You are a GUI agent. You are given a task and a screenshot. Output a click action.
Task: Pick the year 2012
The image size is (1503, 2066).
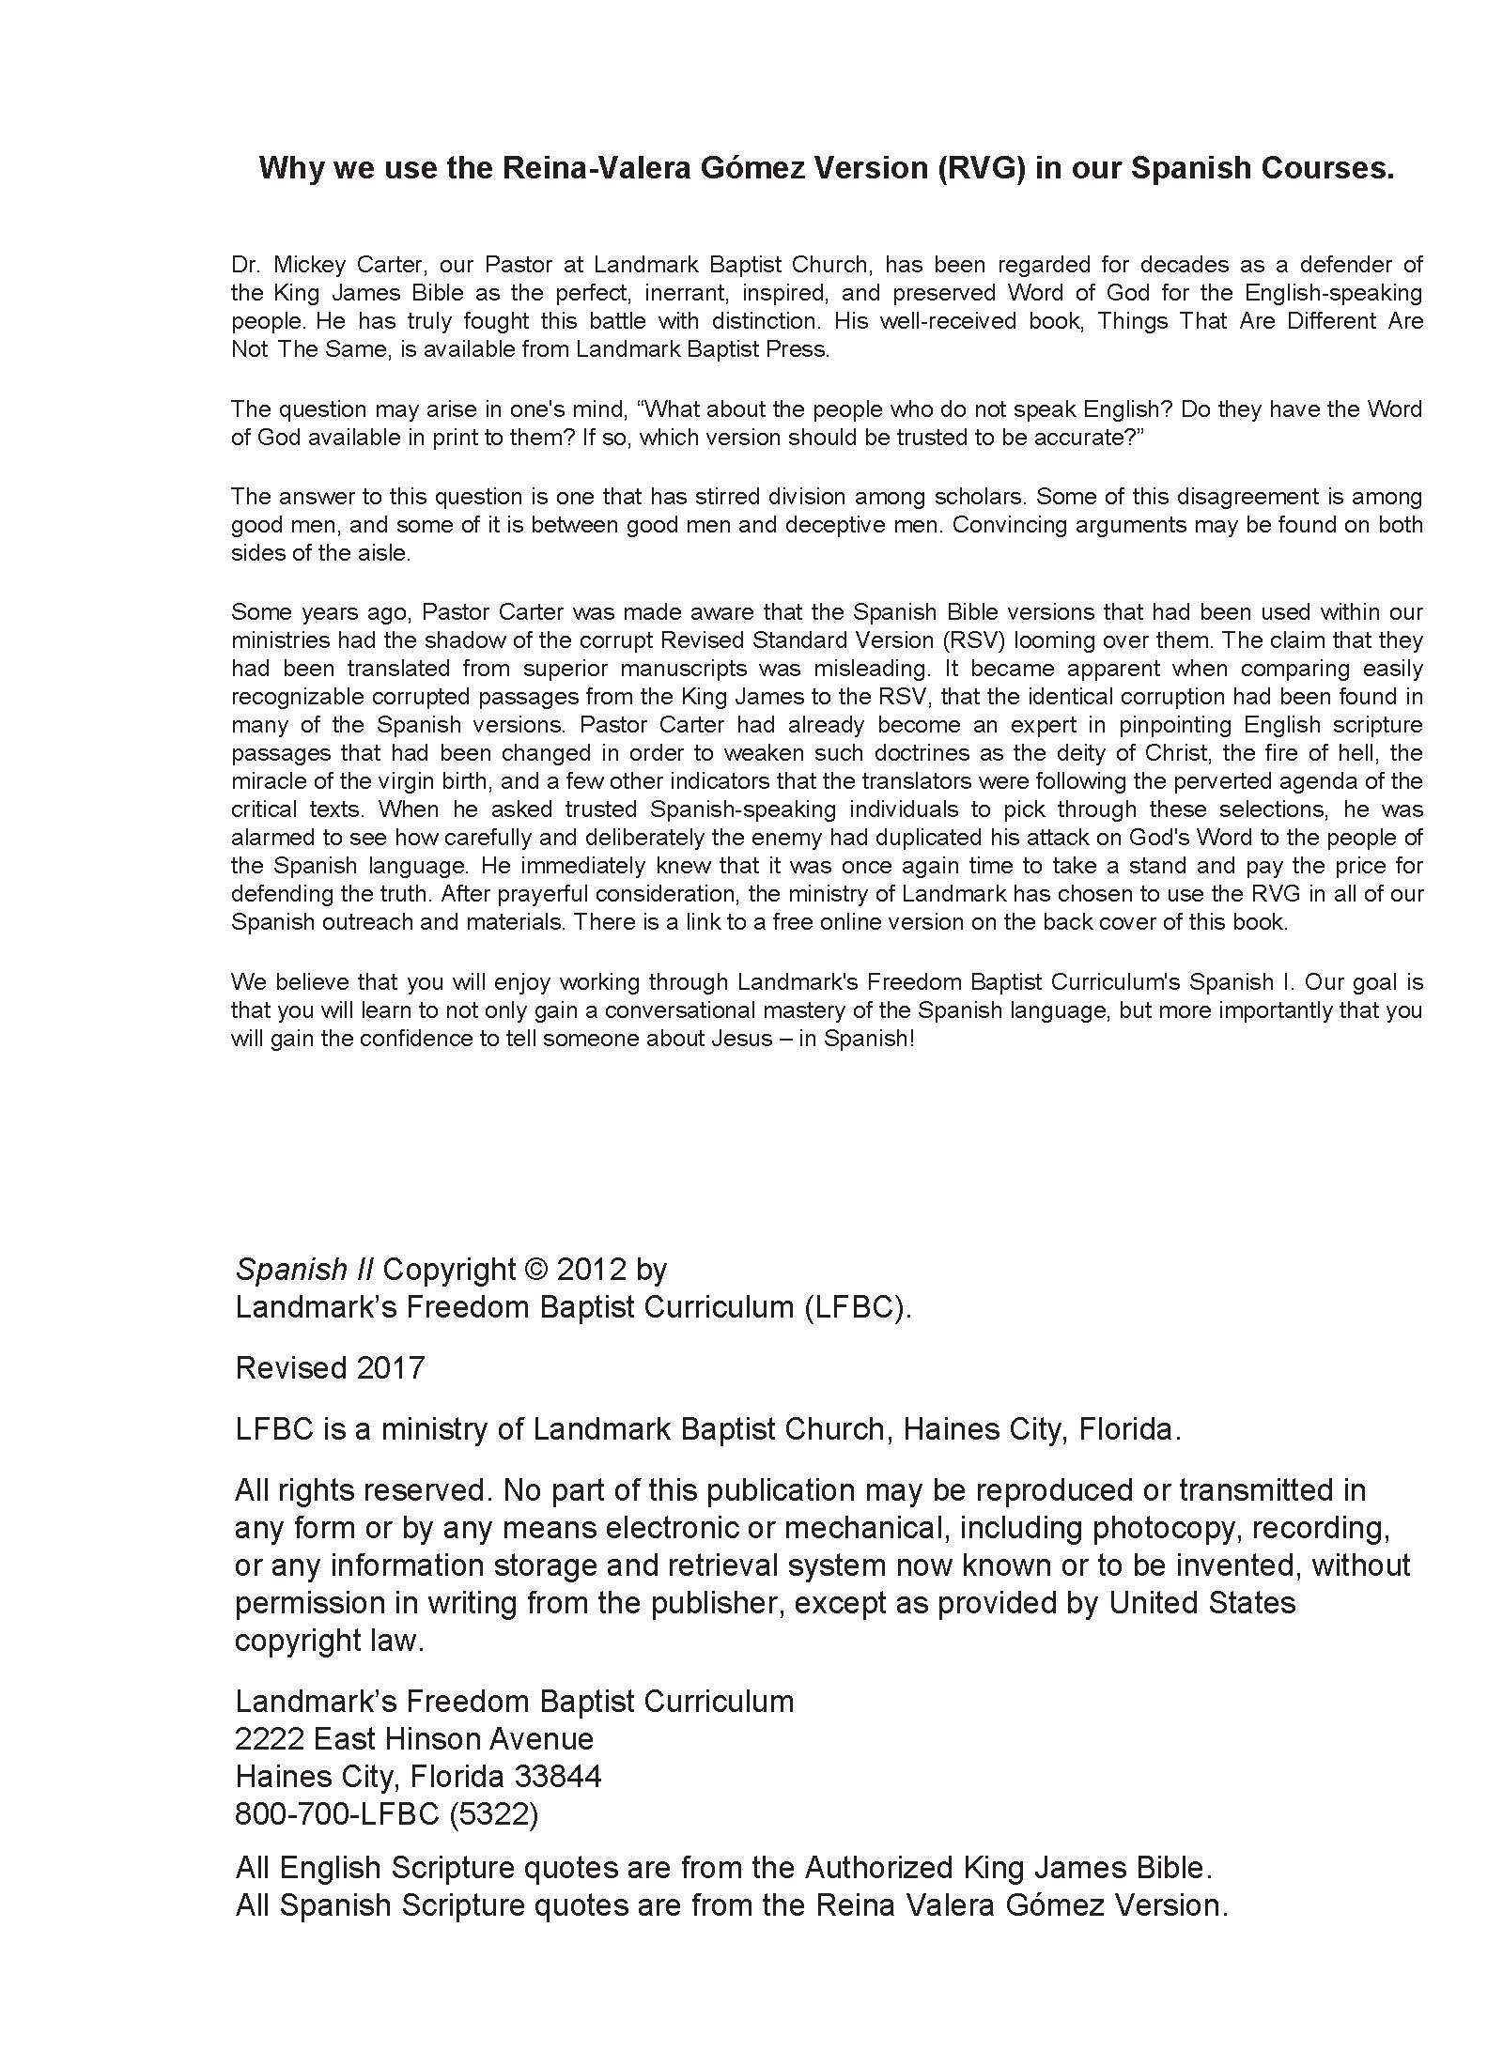(591, 1270)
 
